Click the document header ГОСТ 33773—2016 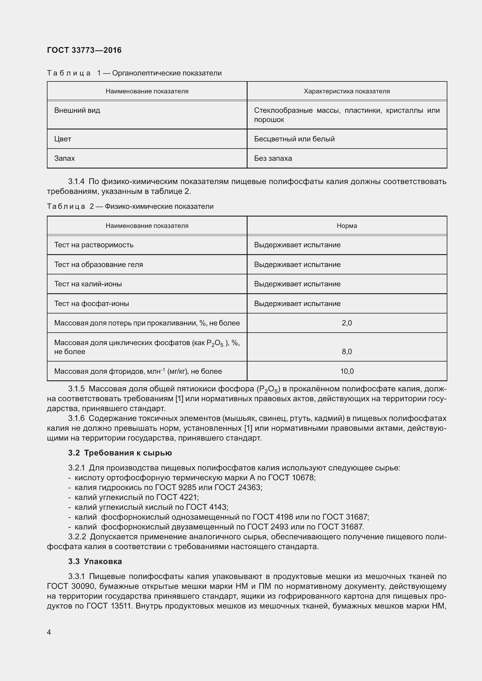click(x=84, y=50)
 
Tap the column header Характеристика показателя click(x=347, y=91)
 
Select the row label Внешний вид click(x=77, y=110)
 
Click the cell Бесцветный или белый click(x=294, y=139)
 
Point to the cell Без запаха click(x=273, y=158)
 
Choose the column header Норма click(x=347, y=226)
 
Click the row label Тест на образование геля click(x=99, y=265)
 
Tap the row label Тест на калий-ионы click(x=88, y=284)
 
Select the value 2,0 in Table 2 click(x=347, y=323)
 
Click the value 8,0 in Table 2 click(x=347, y=352)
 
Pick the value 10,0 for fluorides click(x=347, y=371)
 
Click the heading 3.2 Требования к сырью click(x=120, y=453)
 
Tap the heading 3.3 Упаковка click(x=95, y=562)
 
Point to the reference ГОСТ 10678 click(x=291, y=478)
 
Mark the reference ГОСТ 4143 click(x=207, y=507)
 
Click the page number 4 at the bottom click(x=49, y=632)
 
